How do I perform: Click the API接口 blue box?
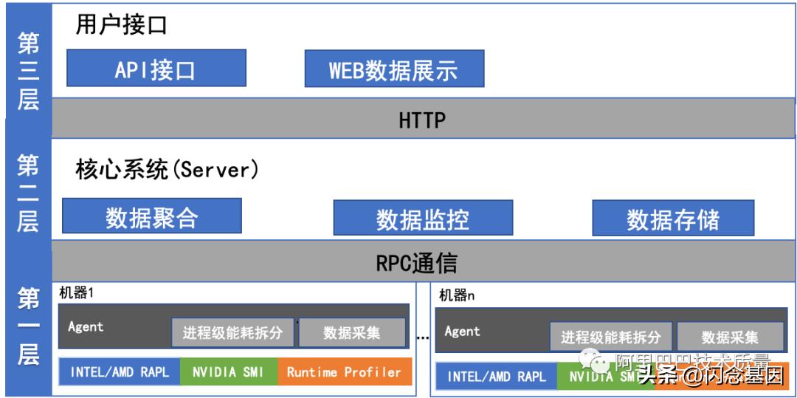[x=156, y=69]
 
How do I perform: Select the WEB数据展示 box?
[x=394, y=69]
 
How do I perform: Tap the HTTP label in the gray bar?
[x=422, y=120]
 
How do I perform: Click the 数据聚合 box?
[x=152, y=217]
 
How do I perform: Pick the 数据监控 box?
[x=422, y=219]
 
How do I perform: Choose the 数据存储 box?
[x=672, y=219]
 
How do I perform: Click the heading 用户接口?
[x=122, y=26]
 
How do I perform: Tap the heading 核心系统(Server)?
[x=168, y=170]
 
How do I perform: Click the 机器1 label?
[x=76, y=292]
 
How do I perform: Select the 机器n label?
[x=457, y=296]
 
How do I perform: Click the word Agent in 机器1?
[x=86, y=326]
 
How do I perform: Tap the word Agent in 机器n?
[x=463, y=332]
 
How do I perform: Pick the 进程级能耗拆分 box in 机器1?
[x=232, y=332]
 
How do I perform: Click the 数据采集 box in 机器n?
[x=730, y=337]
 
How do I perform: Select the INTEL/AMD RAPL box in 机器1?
[x=120, y=372]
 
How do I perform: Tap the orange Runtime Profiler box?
[x=344, y=372]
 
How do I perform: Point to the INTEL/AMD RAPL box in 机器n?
[x=497, y=377]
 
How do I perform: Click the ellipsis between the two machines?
[x=423, y=337]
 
